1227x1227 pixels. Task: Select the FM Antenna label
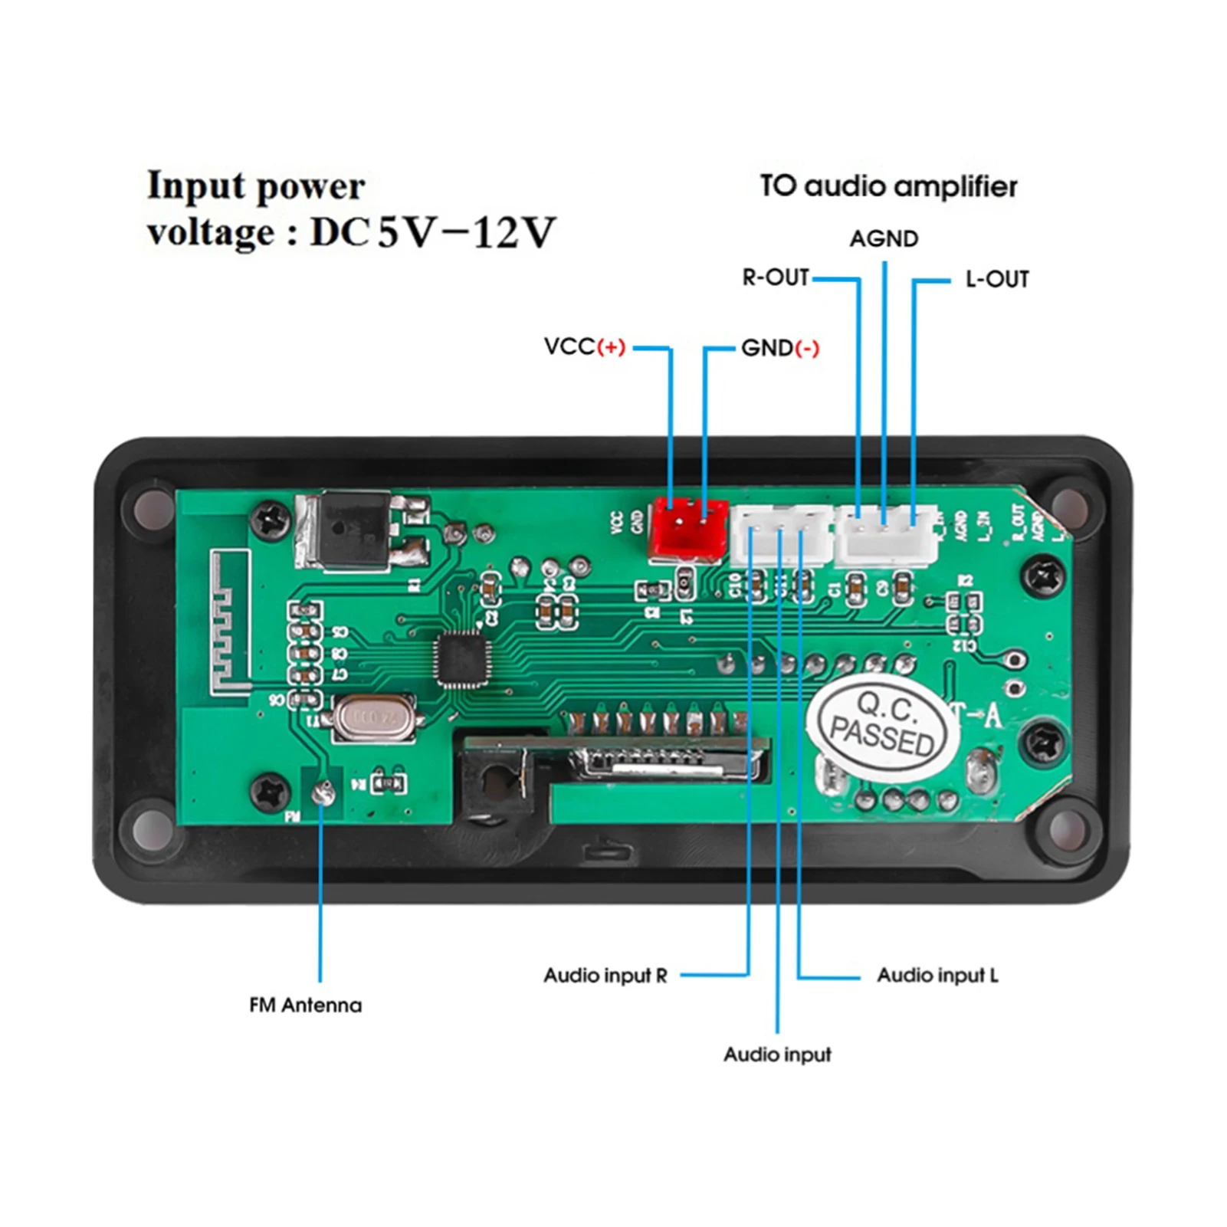305,1005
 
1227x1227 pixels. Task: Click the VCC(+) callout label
584,347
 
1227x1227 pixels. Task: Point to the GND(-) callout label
779,349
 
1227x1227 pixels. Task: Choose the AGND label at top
883,239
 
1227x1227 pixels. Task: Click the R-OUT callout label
775,277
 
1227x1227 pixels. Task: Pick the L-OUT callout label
996,280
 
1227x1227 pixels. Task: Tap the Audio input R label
605,976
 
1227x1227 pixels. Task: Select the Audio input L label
937,976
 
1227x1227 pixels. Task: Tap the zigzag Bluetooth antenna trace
229,622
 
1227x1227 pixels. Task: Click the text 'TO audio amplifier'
888,186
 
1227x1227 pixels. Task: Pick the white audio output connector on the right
886,533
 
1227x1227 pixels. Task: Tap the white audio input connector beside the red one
779,534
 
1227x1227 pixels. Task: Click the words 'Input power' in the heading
256,186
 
